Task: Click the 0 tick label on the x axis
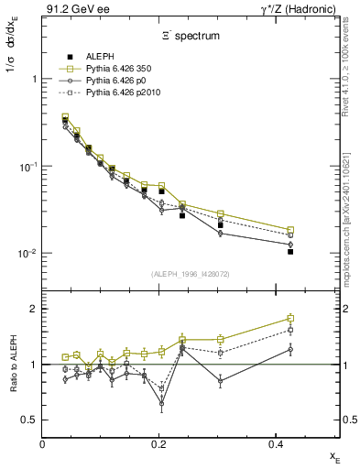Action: coord(42,443)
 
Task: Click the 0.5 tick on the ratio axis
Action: coord(29,420)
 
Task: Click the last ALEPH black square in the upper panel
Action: coord(290,251)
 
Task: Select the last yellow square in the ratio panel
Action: coord(290,319)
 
